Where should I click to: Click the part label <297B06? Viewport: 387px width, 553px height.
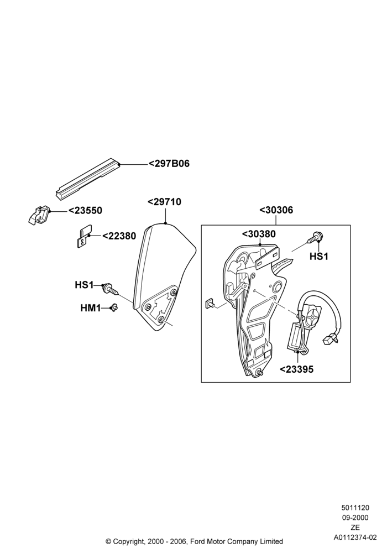coord(169,164)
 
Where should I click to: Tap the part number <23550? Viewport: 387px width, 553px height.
coord(85,211)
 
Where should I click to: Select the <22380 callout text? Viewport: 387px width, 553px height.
coord(119,236)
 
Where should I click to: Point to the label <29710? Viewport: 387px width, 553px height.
coord(164,202)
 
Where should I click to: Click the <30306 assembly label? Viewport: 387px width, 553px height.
coord(276,210)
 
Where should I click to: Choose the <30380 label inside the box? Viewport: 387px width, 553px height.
coord(259,234)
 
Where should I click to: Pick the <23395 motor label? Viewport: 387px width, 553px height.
coord(296,369)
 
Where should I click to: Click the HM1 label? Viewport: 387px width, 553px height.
coord(91,308)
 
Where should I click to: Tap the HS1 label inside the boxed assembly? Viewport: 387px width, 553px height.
coord(318,257)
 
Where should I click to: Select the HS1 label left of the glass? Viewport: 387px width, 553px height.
coord(84,285)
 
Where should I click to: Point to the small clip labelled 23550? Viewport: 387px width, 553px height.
coord(39,215)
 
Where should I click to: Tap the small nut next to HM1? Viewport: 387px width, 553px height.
coord(114,307)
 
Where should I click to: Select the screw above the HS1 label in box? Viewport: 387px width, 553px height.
coord(316,237)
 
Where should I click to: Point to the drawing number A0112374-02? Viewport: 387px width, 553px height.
coord(355,538)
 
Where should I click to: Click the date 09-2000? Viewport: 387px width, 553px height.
coord(355,518)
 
